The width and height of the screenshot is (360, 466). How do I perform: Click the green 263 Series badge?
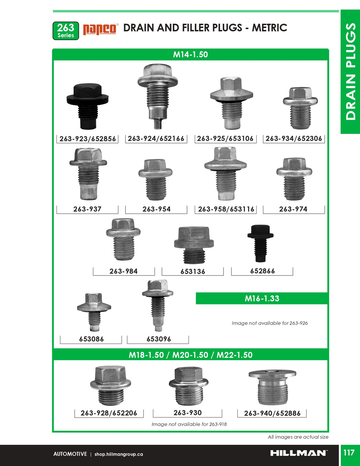tap(66, 31)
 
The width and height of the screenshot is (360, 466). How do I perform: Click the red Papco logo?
tap(100, 29)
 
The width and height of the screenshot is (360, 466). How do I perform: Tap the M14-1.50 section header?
tap(190, 55)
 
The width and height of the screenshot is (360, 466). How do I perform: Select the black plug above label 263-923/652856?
tap(87, 106)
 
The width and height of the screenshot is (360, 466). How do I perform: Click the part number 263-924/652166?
tap(156, 139)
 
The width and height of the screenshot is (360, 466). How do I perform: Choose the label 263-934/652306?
tap(294, 139)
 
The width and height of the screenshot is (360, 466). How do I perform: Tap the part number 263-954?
tap(156, 209)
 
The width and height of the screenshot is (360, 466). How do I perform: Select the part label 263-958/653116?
tap(226, 209)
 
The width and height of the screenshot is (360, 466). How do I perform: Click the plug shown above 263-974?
tap(294, 178)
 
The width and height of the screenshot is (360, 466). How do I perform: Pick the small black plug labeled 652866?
tap(260, 243)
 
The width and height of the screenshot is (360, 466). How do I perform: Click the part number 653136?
tap(193, 272)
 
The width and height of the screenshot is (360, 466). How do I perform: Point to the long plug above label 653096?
tap(158, 305)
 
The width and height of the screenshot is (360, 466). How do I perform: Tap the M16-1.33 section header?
tap(262, 299)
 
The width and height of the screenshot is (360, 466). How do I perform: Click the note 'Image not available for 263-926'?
tap(269, 323)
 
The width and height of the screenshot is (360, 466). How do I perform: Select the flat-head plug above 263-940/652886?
tap(272, 387)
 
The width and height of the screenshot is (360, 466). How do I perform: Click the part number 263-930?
tap(187, 413)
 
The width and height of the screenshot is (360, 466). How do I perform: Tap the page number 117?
tap(349, 453)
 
